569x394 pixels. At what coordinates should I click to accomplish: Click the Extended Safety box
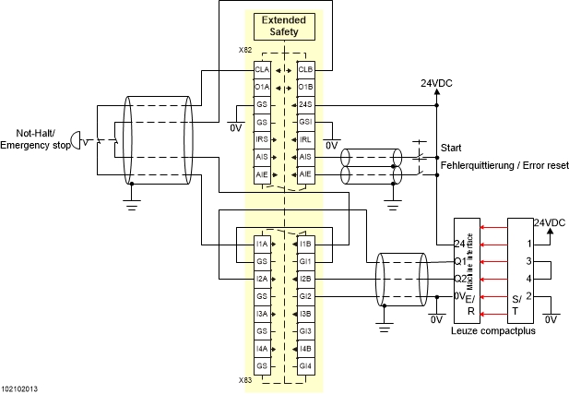click(284, 27)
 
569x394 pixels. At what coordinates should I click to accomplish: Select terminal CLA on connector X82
click(262, 69)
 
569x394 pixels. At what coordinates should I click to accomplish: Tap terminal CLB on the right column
click(305, 69)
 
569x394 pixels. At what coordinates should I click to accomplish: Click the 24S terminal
click(305, 104)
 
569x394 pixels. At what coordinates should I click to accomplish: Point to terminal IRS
click(262, 139)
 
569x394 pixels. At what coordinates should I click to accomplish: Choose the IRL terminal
click(305, 139)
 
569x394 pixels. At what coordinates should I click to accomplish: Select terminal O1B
click(305, 87)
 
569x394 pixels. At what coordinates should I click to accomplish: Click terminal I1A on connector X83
click(262, 244)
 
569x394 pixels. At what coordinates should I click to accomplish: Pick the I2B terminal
click(305, 279)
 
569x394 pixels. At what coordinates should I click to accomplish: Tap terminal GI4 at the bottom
click(305, 366)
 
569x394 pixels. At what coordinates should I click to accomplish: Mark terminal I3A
click(262, 314)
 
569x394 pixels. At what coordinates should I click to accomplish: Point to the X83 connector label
click(245, 379)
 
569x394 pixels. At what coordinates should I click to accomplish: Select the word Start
click(452, 148)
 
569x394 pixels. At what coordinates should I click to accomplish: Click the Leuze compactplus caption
click(493, 329)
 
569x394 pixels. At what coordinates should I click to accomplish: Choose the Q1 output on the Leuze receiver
click(459, 261)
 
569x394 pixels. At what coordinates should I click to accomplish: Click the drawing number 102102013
click(19, 388)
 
